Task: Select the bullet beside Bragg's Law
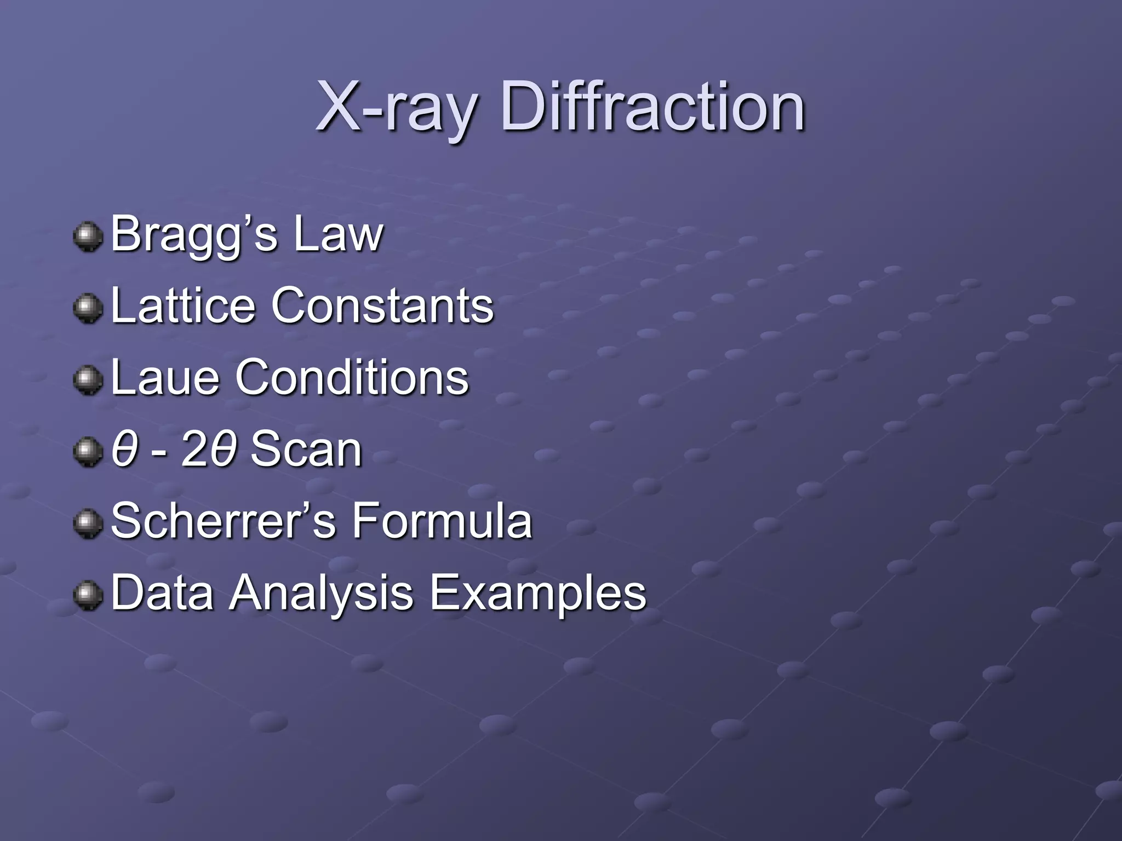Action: (x=88, y=237)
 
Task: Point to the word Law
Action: (x=338, y=234)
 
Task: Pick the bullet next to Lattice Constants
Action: (x=88, y=308)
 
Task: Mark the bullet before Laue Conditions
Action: (x=88, y=379)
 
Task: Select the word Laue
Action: (x=165, y=377)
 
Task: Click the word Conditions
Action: (x=352, y=377)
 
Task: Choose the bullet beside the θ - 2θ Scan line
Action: (x=88, y=452)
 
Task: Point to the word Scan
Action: (x=306, y=450)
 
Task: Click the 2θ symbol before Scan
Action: (x=209, y=450)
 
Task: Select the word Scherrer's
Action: (x=224, y=521)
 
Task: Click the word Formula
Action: (x=442, y=521)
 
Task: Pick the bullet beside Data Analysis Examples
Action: (x=88, y=595)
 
